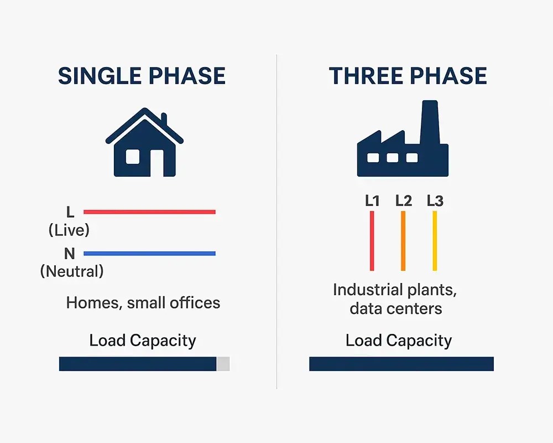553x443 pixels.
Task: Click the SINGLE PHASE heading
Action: tap(142, 76)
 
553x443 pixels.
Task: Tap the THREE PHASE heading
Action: tap(408, 76)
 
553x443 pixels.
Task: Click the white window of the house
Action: tap(133, 157)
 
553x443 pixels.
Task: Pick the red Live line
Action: tap(149, 212)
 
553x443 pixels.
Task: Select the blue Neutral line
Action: tap(149, 254)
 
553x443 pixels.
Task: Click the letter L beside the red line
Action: tap(70, 212)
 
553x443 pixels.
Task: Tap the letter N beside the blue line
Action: tap(69, 254)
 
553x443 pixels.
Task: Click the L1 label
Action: tap(372, 201)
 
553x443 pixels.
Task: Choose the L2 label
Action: tap(404, 201)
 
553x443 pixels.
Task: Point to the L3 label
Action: tap(435, 201)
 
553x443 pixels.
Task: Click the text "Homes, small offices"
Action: tap(143, 303)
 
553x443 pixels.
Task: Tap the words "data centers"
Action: tap(396, 308)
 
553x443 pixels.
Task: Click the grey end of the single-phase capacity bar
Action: tap(223, 364)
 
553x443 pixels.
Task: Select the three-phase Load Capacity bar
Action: tap(401, 364)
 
